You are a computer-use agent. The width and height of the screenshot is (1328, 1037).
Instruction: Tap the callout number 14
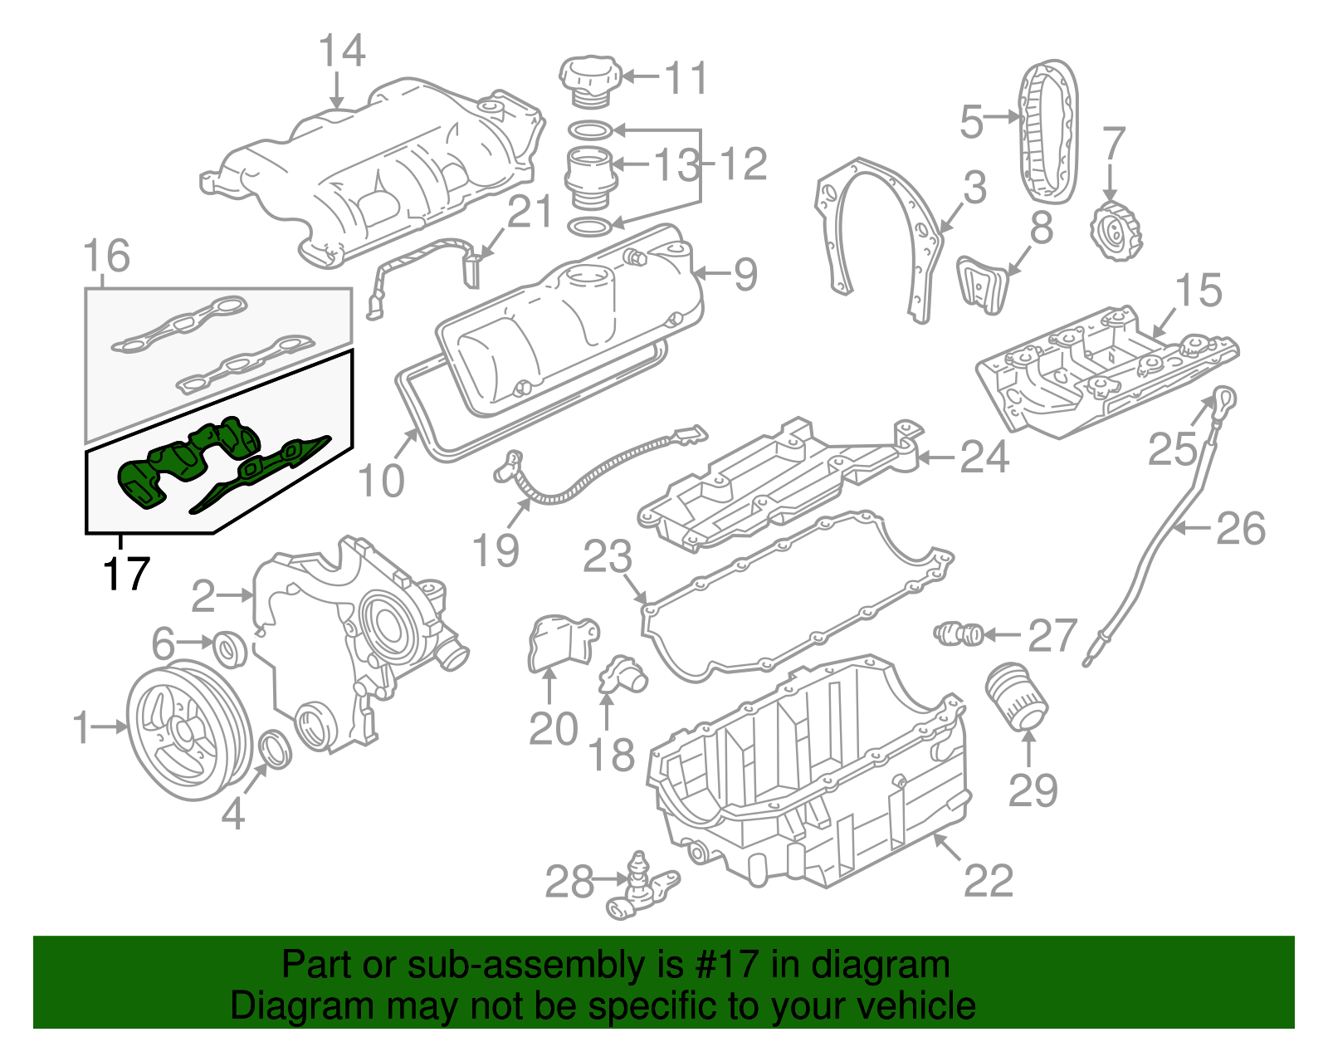[x=342, y=51]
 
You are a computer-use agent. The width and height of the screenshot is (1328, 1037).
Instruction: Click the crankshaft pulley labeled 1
[x=188, y=729]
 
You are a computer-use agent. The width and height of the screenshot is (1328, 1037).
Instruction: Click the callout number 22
[x=989, y=881]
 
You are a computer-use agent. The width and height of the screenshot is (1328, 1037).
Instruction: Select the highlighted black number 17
[x=126, y=574]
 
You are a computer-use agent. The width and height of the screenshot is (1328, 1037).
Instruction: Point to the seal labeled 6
[x=230, y=648]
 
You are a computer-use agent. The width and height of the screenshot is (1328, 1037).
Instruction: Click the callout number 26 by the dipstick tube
[x=1240, y=529]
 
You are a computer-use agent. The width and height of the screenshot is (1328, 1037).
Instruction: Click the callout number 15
[x=1199, y=290]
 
